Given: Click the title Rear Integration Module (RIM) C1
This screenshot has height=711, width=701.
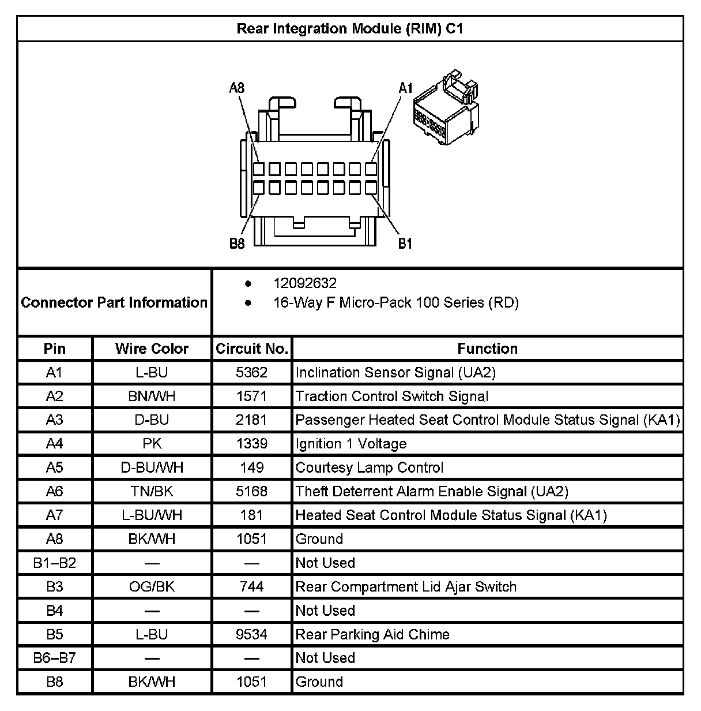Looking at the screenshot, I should [x=350, y=29].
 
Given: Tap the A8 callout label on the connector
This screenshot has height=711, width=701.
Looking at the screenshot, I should [x=237, y=88].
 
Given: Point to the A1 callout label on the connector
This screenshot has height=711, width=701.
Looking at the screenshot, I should [x=406, y=88].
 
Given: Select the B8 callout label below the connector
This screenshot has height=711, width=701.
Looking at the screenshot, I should [x=237, y=244].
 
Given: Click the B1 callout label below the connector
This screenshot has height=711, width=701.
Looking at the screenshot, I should [x=405, y=244].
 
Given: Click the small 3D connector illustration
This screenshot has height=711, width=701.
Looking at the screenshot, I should [x=446, y=107].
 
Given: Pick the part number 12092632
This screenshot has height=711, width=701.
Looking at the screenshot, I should [x=305, y=283].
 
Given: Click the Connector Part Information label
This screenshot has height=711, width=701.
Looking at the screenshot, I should [x=114, y=302].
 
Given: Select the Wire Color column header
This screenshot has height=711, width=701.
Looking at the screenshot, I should [x=152, y=349].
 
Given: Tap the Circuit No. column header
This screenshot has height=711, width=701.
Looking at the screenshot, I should [x=251, y=349].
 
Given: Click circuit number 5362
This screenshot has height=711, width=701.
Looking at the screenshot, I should [x=251, y=373].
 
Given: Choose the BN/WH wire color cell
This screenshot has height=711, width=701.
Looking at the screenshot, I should [x=152, y=396].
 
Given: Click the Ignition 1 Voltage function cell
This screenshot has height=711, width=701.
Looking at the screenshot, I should [x=351, y=444].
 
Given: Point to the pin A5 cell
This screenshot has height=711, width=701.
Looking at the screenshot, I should [x=54, y=467].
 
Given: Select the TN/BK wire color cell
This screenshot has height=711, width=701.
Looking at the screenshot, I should [x=152, y=492].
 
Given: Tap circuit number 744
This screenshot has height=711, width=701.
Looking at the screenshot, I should [x=251, y=587].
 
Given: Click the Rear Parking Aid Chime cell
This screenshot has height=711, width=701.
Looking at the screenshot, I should [x=372, y=635].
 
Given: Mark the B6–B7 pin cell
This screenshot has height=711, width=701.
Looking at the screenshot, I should [x=54, y=658].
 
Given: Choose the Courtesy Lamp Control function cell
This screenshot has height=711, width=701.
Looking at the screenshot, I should [x=370, y=467].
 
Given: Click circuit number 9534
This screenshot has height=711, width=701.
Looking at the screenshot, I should [x=251, y=635].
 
